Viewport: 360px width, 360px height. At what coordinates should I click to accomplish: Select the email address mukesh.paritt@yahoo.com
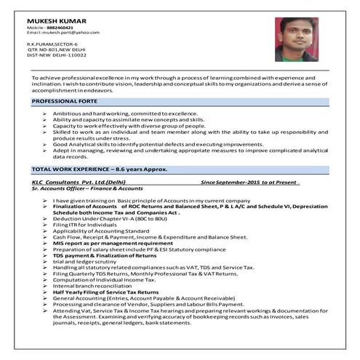click(x=73, y=33)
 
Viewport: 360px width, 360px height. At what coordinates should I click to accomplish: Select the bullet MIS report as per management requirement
click(x=108, y=243)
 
